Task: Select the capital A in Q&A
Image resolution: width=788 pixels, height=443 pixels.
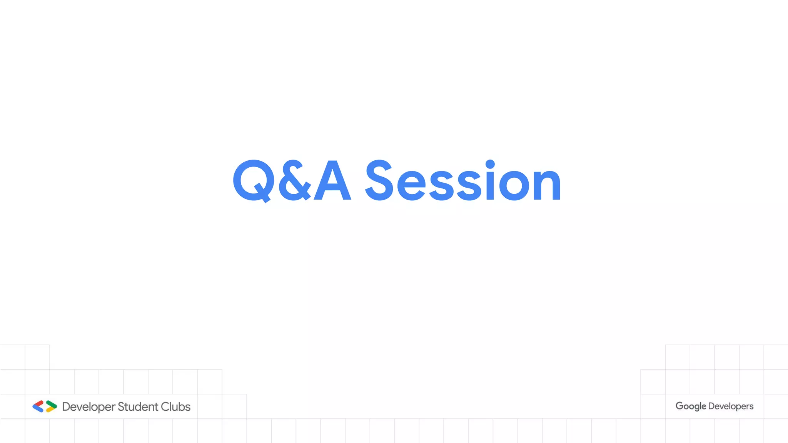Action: point(333,181)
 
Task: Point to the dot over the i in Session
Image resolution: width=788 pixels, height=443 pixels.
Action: point(490,164)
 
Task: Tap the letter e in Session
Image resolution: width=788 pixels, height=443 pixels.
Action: point(411,185)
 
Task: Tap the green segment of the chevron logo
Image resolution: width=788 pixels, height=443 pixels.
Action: point(52,404)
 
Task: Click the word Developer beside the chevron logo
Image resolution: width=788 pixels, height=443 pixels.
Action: point(88,407)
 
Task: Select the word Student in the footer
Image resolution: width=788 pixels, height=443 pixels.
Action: point(138,406)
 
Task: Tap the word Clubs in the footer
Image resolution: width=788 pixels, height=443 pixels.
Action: point(175,406)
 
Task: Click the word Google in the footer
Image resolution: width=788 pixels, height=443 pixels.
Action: point(691,406)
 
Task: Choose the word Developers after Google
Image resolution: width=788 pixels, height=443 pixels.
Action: point(731,406)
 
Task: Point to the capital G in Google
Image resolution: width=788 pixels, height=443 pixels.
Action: point(679,406)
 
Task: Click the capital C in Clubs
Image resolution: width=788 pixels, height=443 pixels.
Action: point(165,406)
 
